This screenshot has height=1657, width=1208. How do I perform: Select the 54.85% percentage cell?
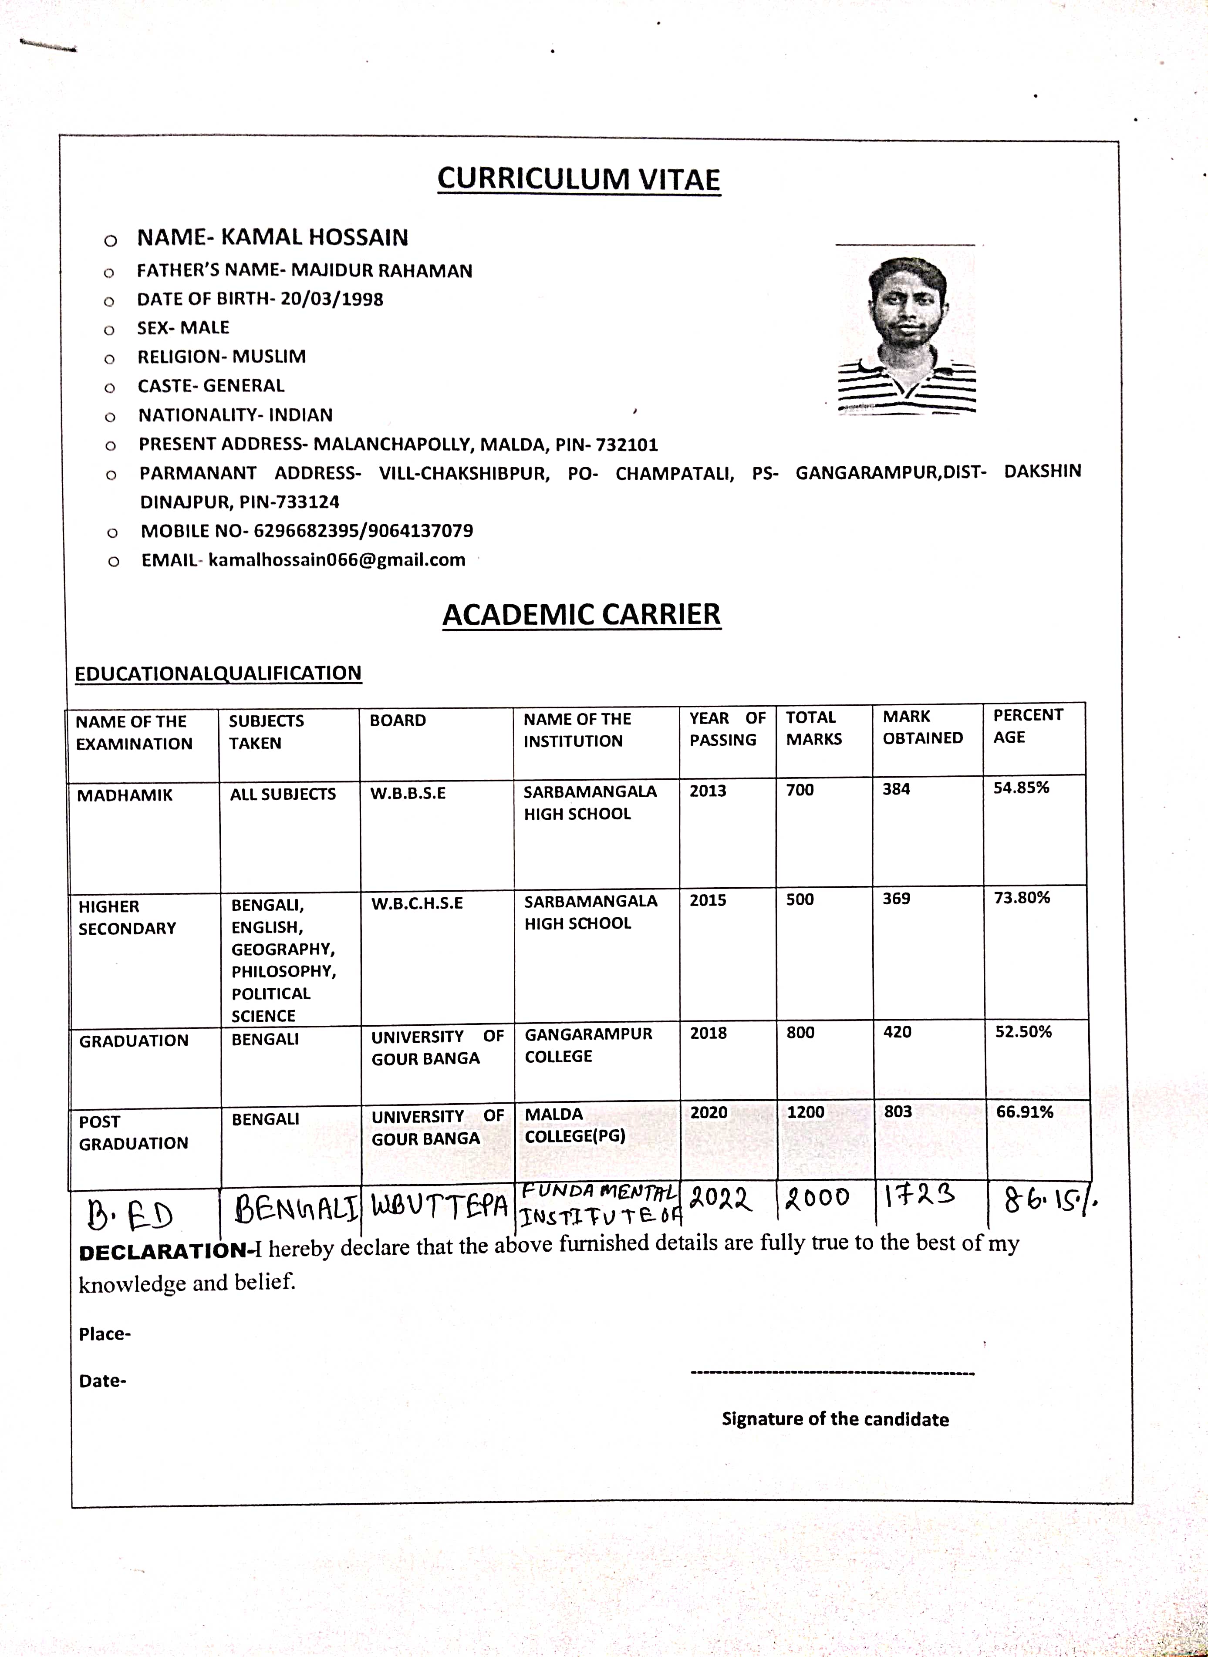[x=1021, y=788]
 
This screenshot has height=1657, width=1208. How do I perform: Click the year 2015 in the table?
[x=708, y=900]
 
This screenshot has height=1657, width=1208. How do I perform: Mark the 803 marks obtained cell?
[x=898, y=1112]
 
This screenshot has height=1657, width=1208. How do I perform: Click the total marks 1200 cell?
[x=805, y=1112]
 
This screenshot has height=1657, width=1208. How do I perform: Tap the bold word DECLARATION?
[x=163, y=1252]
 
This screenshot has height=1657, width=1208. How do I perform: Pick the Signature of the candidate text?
[x=835, y=1419]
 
